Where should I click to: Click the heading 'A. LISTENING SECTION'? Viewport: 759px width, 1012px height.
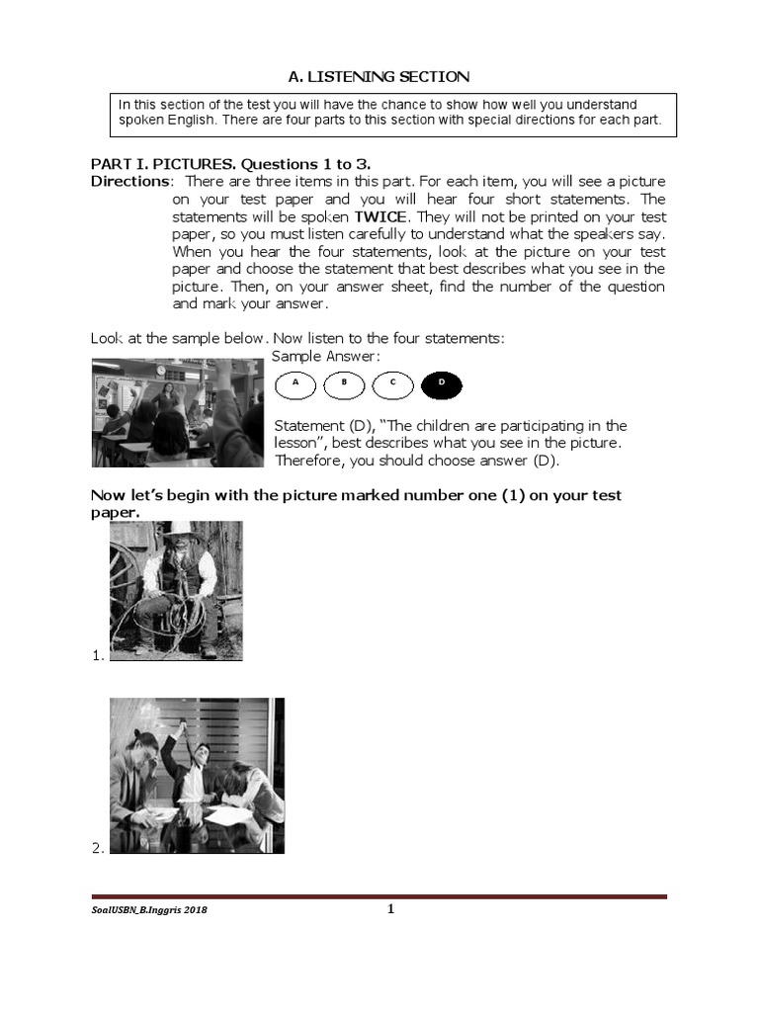coord(379,75)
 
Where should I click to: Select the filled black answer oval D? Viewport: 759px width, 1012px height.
coord(441,385)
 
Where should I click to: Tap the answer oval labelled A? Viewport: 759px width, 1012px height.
coord(295,385)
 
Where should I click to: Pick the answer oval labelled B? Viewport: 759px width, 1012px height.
coord(344,385)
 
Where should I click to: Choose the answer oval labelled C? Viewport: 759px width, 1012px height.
coord(392,385)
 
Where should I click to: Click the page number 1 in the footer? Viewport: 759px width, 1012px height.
coord(390,910)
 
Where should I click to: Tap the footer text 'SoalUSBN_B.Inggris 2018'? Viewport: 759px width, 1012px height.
coord(149,911)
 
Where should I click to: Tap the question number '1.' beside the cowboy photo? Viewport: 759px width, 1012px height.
coord(97,654)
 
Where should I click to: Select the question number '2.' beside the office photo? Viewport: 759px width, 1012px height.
coord(97,847)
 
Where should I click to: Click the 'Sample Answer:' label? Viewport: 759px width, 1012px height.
coord(325,356)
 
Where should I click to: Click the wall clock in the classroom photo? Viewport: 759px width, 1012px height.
coord(160,370)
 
